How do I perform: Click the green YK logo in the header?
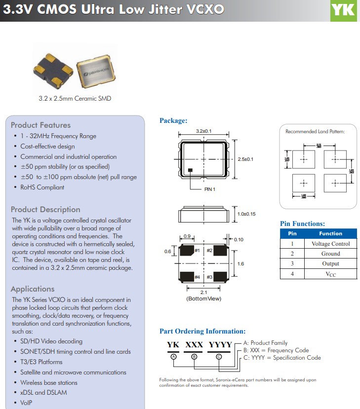pos(343,10)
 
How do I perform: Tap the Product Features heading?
pos(40,125)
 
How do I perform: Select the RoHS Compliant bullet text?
pos(42,187)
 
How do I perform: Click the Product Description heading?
pos(45,210)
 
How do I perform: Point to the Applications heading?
pos(33,289)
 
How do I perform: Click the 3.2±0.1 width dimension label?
pos(203,131)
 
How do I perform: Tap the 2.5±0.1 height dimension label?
pos(245,159)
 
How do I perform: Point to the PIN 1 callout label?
pos(210,189)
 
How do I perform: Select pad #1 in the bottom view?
pos(187,251)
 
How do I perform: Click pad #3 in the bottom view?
pos(218,277)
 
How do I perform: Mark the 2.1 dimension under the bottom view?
pos(203,292)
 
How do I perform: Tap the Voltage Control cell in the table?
pos(330,244)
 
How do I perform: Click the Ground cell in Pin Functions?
pos(330,254)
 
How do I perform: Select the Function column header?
pos(330,233)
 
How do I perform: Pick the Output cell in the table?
pos(330,263)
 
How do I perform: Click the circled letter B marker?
pos(194,356)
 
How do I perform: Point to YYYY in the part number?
pos(220,345)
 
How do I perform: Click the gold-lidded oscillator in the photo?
pos(95,72)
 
